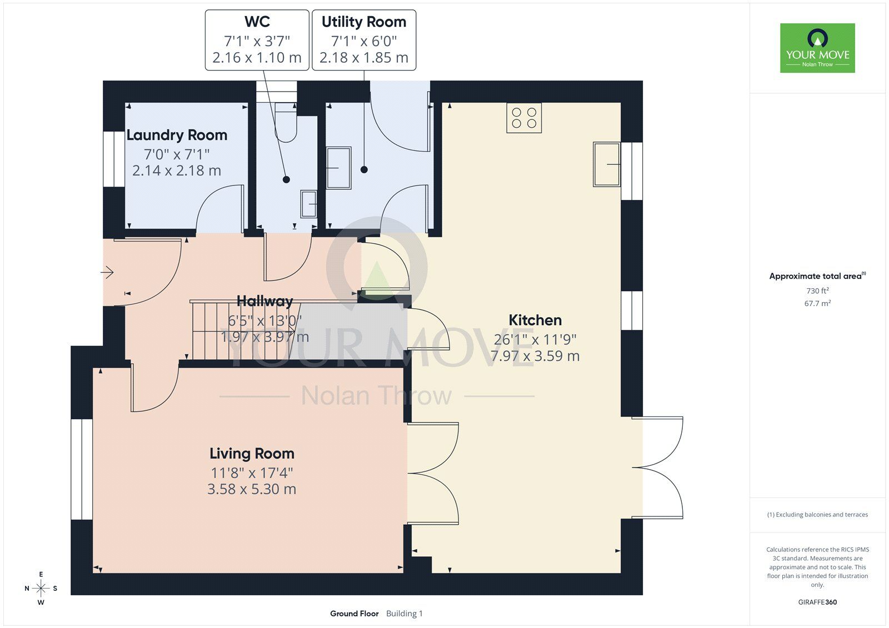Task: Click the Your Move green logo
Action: point(817,48)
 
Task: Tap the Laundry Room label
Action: point(177,135)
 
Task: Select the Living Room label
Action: point(252,454)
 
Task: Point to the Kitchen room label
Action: point(535,320)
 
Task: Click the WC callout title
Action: point(257,22)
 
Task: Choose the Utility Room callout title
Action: point(364,22)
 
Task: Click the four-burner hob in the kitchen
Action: point(524,118)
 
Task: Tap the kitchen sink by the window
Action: point(606,164)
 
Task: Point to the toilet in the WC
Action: point(286,122)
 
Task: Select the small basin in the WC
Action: point(308,204)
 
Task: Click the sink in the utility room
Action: point(338,168)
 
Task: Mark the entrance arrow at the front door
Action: point(107,272)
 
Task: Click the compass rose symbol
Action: point(41,588)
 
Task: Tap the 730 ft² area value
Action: point(817,290)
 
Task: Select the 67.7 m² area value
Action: point(817,303)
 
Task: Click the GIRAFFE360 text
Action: point(817,602)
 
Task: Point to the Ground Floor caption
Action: point(354,614)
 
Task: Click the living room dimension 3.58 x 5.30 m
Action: point(252,489)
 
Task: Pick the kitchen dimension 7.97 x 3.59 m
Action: point(535,355)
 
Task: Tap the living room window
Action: point(82,469)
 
